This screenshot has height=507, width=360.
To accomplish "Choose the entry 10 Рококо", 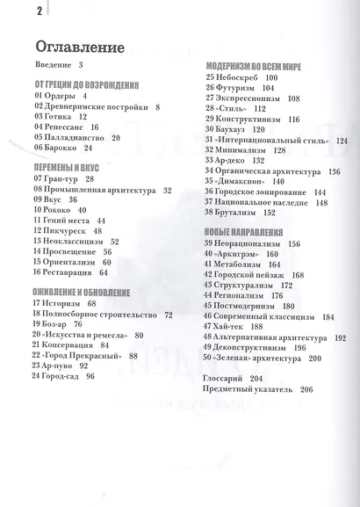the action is (x=53, y=211).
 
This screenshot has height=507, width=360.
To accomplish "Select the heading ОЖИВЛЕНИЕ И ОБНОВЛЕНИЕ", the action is (x=83, y=292).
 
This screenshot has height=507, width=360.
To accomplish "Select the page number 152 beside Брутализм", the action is (x=269, y=212).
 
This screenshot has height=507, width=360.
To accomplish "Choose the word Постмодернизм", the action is (x=248, y=307).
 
